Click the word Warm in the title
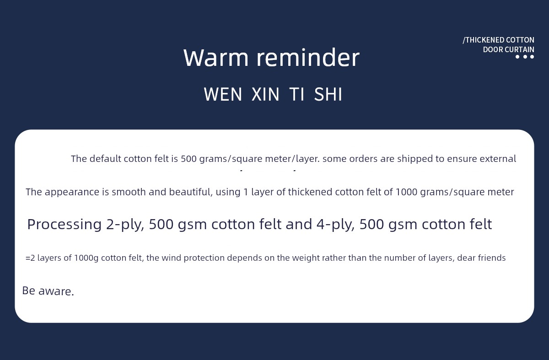[216, 58]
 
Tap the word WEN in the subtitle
[223, 94]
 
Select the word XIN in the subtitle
[265, 94]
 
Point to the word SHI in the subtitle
[328, 94]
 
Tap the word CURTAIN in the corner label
[521, 49]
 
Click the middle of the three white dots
[525, 57]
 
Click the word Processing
[65, 225]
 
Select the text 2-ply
[125, 225]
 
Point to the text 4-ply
[335, 225]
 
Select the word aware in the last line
[56, 291]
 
